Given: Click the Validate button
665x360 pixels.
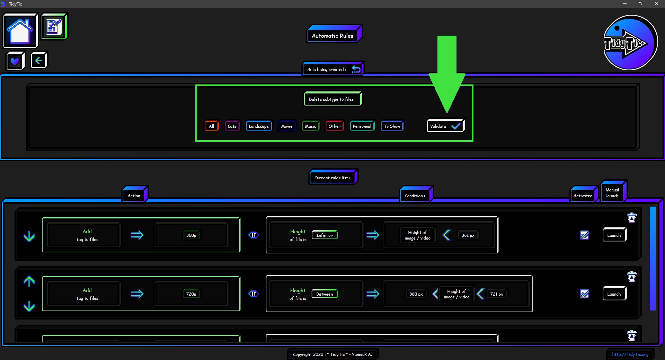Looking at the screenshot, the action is [445, 126].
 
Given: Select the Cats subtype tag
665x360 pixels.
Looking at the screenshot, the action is [232, 126].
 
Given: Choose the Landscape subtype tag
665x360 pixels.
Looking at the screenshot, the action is [259, 126].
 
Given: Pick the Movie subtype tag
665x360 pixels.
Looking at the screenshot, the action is [287, 126].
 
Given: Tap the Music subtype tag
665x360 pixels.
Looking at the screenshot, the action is [310, 126].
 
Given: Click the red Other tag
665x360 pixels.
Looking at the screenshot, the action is [335, 126].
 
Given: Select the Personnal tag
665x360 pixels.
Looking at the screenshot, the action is [362, 126].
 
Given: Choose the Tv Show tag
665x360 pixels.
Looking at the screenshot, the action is [392, 126].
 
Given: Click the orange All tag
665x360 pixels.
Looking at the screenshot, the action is [212, 126].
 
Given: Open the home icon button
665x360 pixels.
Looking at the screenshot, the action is [20, 30].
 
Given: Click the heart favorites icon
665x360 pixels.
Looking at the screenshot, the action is [15, 61].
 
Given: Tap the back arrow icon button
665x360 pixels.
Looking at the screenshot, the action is [39, 61].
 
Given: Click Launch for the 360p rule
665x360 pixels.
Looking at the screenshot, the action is [614, 235].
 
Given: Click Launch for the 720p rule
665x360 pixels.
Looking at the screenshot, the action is [614, 294].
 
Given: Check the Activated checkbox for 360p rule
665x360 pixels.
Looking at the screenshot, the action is [585, 235].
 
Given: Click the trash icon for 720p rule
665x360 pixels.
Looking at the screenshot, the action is [632, 277].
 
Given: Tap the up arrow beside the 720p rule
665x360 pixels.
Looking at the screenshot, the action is [29, 281].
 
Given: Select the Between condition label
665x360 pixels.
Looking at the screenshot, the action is [325, 294].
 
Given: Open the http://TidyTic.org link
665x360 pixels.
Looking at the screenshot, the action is [630, 354].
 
